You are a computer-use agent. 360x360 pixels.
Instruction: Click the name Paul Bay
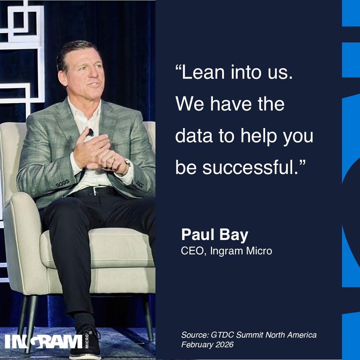click(x=214, y=235)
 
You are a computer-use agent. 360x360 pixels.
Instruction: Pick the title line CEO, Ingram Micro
click(x=226, y=251)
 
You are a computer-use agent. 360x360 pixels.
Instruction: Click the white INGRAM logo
click(x=44, y=342)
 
